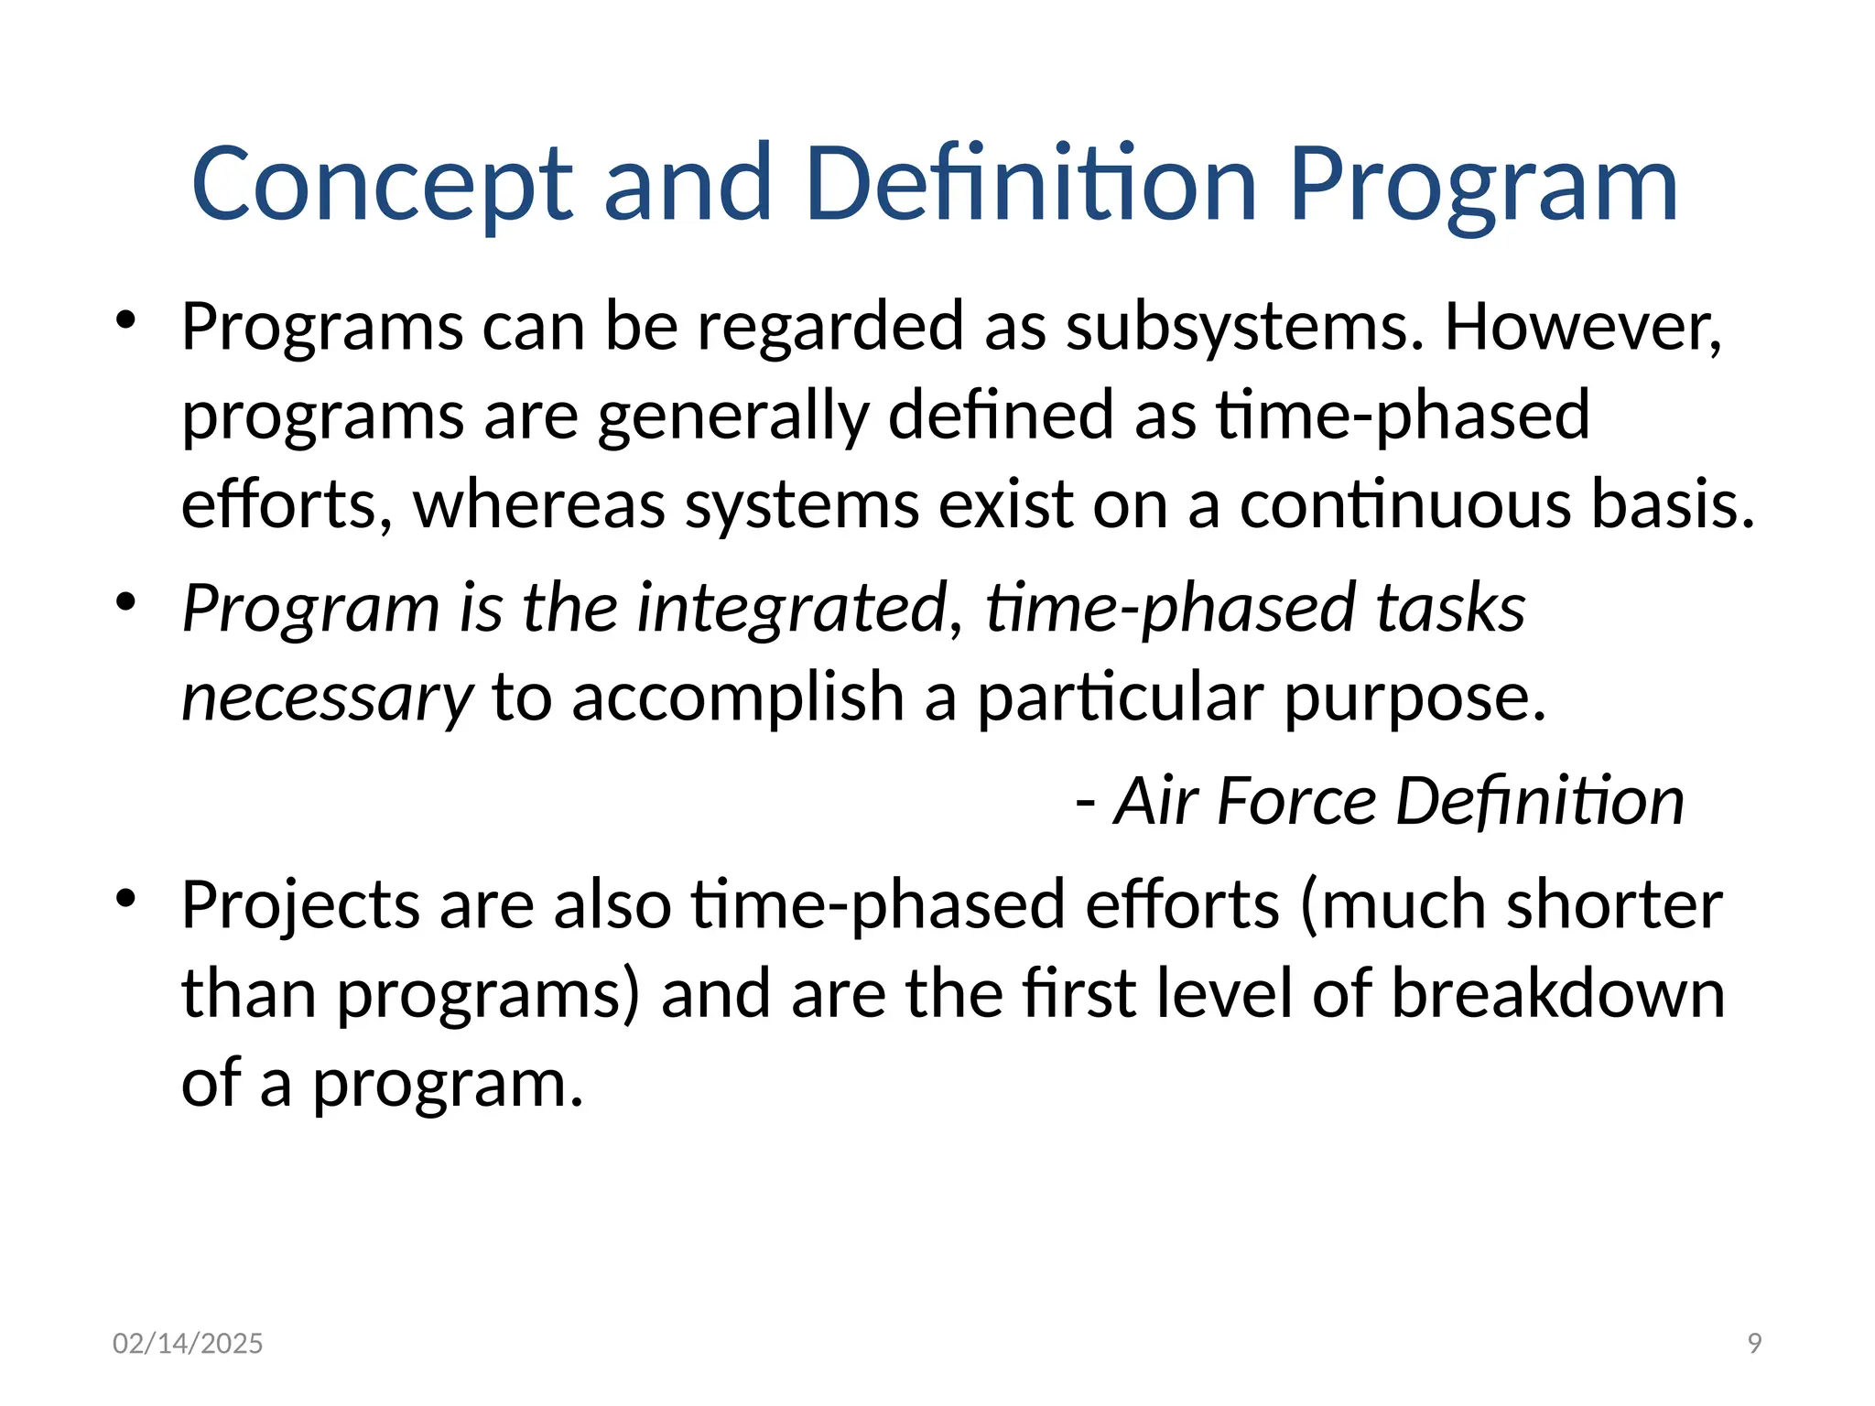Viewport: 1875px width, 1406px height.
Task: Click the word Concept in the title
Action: coord(382,186)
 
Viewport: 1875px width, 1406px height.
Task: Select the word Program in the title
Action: coord(1482,188)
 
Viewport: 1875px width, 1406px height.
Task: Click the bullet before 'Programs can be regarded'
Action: coord(126,320)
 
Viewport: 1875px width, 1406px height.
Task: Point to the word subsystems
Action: coord(1245,327)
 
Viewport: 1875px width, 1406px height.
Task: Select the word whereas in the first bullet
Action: coord(539,505)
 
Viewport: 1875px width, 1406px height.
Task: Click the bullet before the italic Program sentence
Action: coord(126,601)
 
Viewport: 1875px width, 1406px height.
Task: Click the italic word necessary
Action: coord(328,698)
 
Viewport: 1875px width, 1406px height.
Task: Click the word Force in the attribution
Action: coord(1296,802)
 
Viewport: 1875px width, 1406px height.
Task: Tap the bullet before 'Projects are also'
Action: coord(126,899)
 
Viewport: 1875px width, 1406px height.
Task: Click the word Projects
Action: coord(300,906)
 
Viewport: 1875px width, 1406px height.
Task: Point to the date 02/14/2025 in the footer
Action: coord(188,1343)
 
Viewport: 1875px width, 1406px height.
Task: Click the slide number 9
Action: coord(1754,1343)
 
